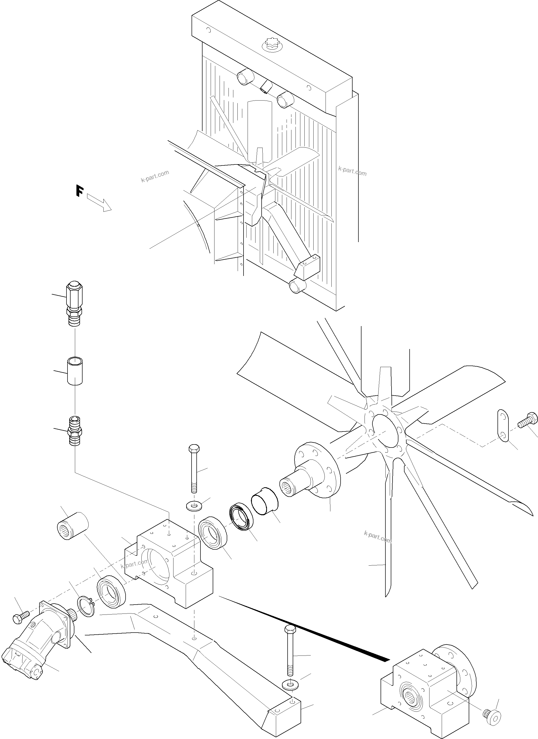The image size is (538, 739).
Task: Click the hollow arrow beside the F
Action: coord(99,203)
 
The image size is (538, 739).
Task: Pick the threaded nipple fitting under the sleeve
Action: coord(75,432)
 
